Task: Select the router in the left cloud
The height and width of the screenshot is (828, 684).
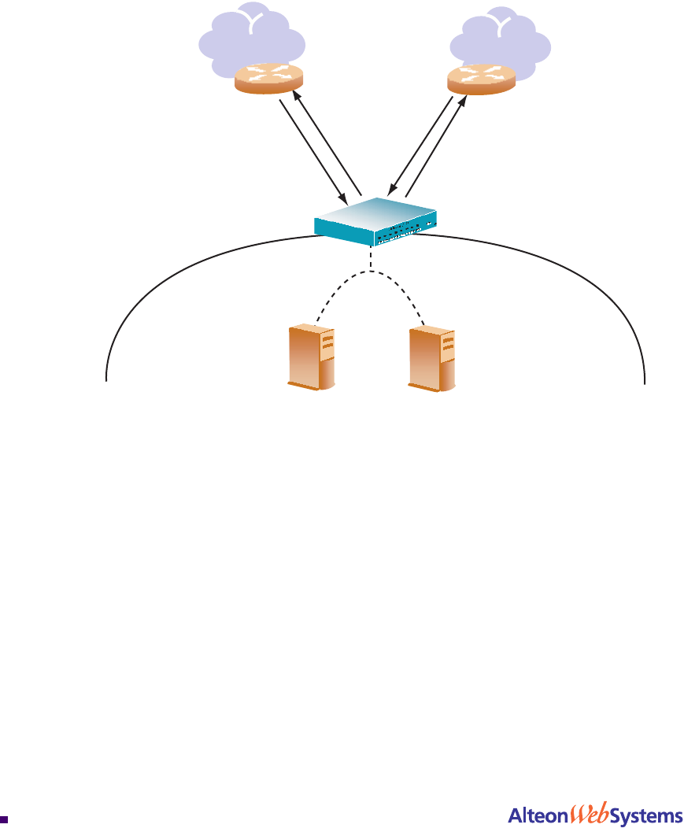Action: click(268, 79)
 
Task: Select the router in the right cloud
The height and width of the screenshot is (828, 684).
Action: click(481, 79)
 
